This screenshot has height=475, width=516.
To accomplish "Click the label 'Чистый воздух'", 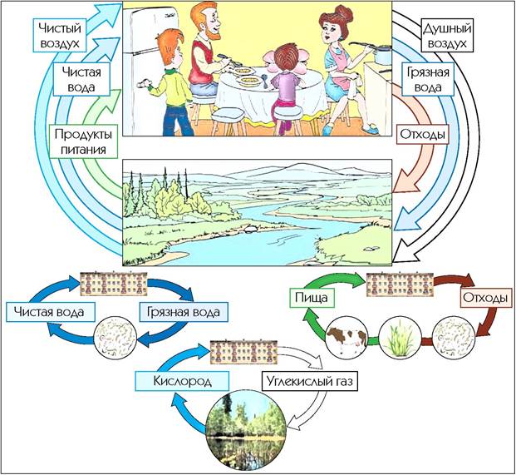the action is pyautogui.click(x=60, y=36).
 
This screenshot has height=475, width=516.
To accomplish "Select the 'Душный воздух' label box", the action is pyautogui.click(x=447, y=36).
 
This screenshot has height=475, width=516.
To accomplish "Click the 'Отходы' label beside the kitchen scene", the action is pyautogui.click(x=423, y=135).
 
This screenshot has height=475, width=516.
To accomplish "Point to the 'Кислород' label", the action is pyautogui.click(x=182, y=381).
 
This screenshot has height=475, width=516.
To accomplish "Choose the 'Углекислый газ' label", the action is pyautogui.click(x=310, y=381).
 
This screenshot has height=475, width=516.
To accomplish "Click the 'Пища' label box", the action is pyautogui.click(x=312, y=298).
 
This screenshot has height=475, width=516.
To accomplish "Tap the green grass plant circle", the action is pyautogui.click(x=400, y=337).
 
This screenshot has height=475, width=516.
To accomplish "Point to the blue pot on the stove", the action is pyautogui.click(x=383, y=55).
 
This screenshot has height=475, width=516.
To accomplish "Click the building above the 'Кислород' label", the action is pyautogui.click(x=243, y=353).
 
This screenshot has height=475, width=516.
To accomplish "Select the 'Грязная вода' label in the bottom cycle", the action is pyautogui.click(x=184, y=312).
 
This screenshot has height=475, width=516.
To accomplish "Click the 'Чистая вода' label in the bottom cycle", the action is pyautogui.click(x=51, y=312).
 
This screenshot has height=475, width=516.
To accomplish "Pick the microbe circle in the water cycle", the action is pyautogui.click(x=115, y=338).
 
